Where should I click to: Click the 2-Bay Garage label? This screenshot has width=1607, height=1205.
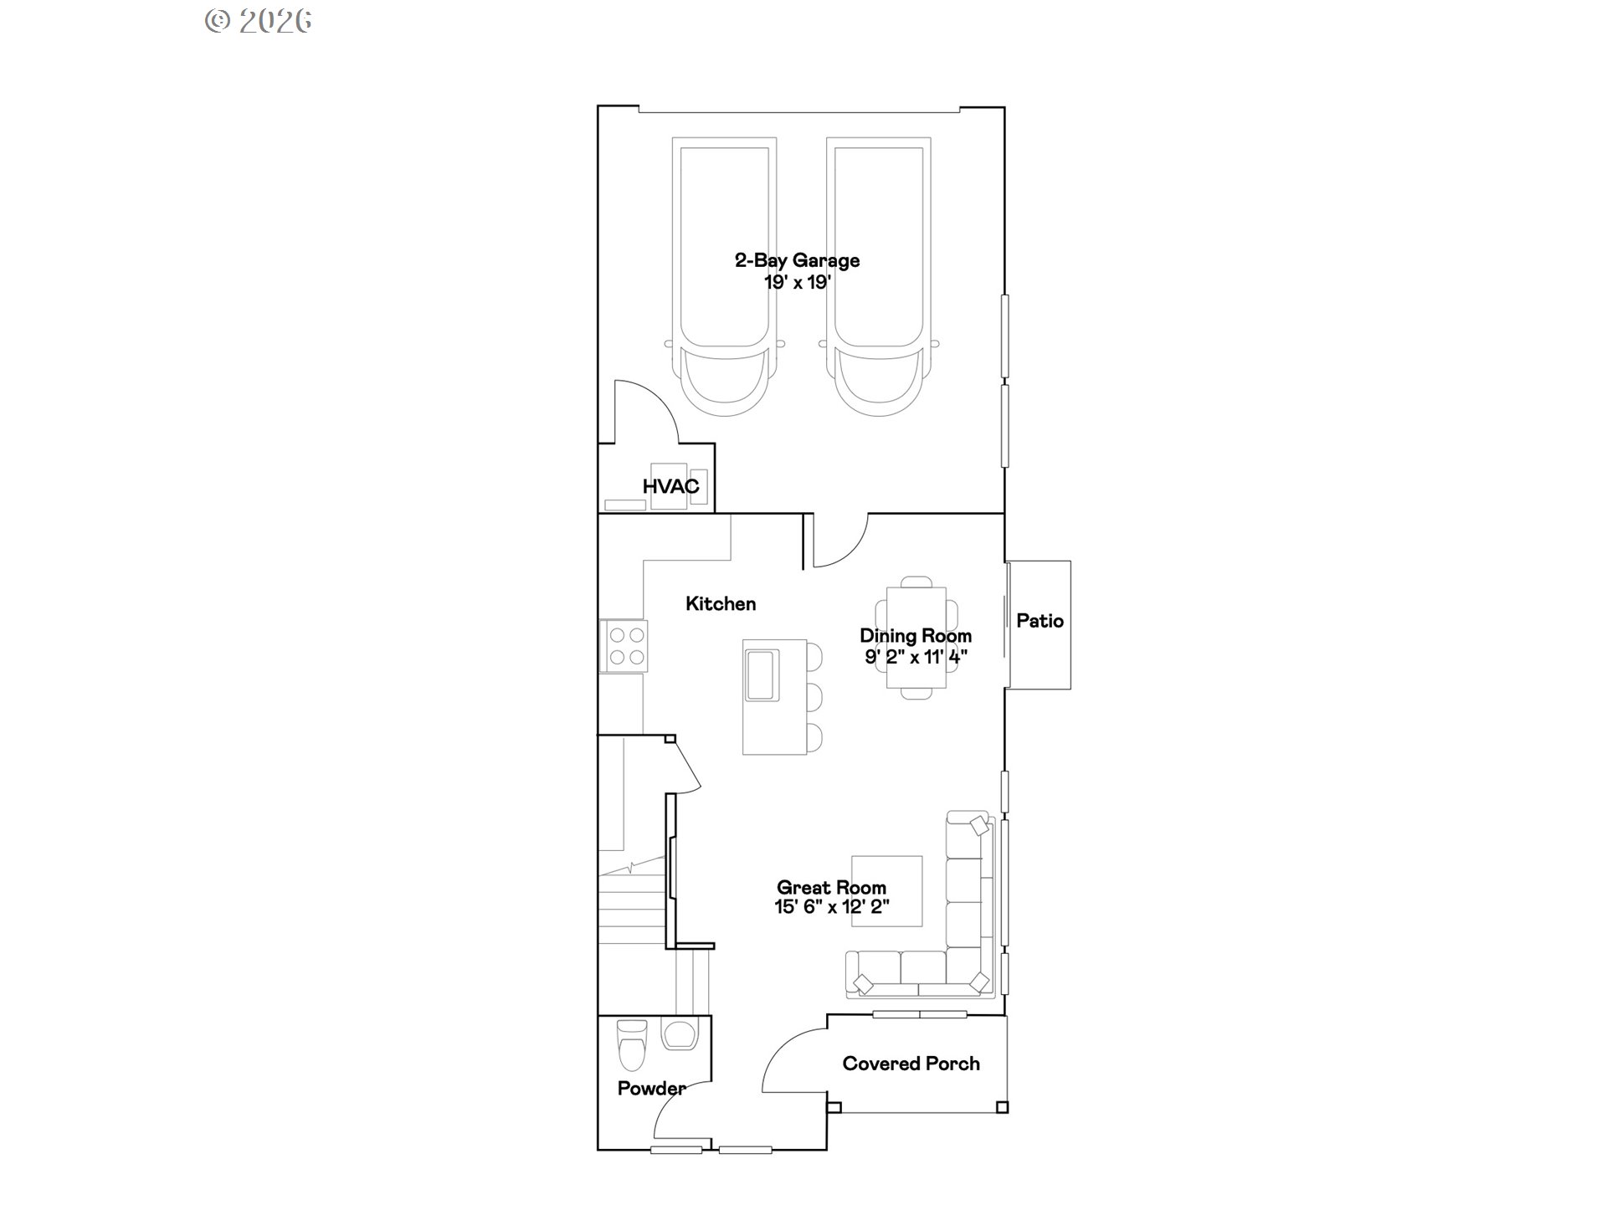coord(797,260)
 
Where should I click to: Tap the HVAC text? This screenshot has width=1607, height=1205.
coord(670,486)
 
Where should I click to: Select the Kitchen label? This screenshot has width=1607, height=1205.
coord(721,603)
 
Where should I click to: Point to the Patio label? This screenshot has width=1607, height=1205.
coord(1040,621)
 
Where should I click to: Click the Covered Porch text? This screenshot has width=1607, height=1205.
coord(911,1064)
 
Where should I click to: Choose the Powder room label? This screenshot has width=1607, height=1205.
coord(651,1088)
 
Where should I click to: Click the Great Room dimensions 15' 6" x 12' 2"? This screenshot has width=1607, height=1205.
coord(831,907)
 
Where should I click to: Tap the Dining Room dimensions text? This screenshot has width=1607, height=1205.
coord(916,657)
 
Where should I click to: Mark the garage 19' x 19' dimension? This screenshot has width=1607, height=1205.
coord(797,282)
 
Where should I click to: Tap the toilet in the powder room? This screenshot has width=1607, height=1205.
coord(631,1046)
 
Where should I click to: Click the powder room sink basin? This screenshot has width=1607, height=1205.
coord(679,1034)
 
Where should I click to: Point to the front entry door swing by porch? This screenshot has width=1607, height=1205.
coord(791,1059)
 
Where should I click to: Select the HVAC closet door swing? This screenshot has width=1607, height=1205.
coord(646,410)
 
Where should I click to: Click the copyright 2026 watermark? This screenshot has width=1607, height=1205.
coord(259,20)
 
